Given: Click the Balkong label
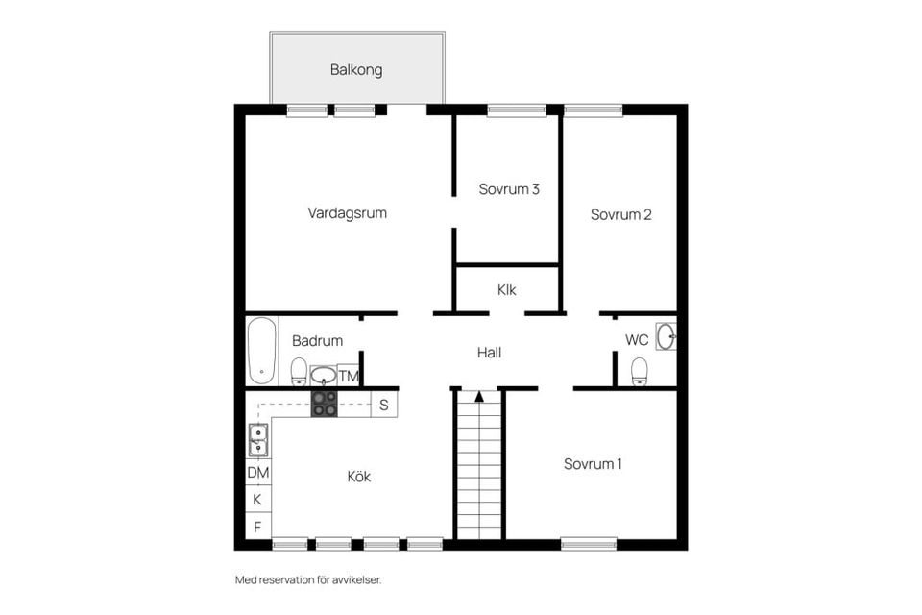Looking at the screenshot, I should tap(356, 69).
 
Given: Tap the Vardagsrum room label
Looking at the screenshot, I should tap(348, 213).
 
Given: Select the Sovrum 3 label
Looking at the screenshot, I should tap(509, 189).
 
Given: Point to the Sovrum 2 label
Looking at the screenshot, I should tap(621, 215).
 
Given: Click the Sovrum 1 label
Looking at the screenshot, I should tap(593, 464).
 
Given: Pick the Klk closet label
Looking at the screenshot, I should tap(508, 289).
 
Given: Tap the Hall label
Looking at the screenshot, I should tap(489, 353).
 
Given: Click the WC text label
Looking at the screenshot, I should tap(637, 340).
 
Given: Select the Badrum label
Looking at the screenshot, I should tap(317, 341).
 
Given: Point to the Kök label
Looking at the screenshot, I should tap(359, 477).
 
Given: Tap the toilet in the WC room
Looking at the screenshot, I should tap(640, 371).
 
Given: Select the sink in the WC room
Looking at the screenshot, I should tap(667, 336).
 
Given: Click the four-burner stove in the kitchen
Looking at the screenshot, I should tap(325, 403).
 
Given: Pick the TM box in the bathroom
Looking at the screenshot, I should tap(349, 376).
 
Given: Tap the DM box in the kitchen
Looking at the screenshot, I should tap(258, 473).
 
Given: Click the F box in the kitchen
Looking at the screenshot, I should tap(257, 527).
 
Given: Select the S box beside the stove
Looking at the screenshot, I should tap(383, 405).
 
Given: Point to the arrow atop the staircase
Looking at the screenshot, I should tap(479, 395).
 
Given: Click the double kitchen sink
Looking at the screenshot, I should tap(258, 440).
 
